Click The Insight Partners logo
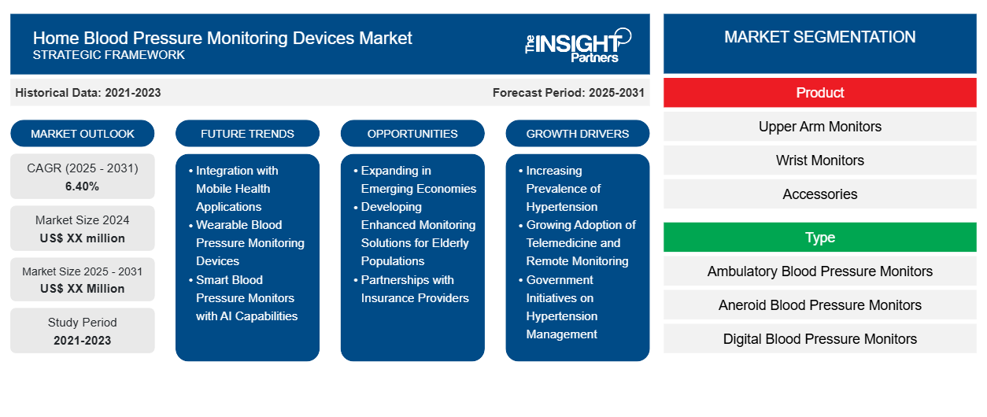point(578,46)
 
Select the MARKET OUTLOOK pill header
point(83,134)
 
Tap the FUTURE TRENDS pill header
point(247,134)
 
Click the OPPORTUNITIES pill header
point(412,134)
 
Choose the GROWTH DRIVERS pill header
point(577,134)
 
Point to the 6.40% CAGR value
point(83,186)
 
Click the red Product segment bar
point(819,93)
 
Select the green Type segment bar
point(819,238)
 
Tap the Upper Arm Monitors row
point(819,127)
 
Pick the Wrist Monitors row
point(819,161)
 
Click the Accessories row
point(819,194)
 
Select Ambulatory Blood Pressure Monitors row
point(819,271)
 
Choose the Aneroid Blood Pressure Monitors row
point(819,305)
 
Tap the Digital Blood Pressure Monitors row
point(819,339)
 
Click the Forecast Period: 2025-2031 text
point(568,93)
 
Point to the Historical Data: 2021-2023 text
point(88,93)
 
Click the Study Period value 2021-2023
point(83,341)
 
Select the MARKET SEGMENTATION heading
point(819,37)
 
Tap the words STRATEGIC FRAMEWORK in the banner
point(109,55)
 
